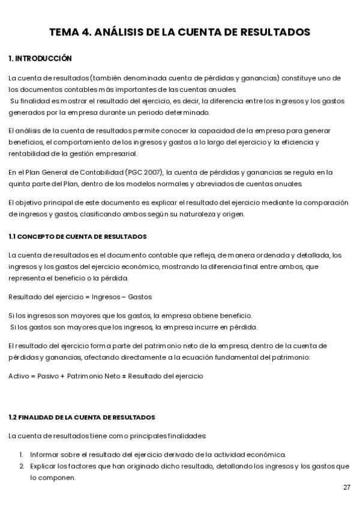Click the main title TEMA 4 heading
point(179,32)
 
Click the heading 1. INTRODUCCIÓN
point(40,58)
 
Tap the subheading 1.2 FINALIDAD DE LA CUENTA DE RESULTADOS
point(82,417)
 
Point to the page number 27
point(347,487)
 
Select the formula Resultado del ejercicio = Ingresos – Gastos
point(80,297)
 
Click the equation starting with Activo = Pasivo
point(106,376)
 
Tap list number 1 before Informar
point(21,454)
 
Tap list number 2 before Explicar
point(21,466)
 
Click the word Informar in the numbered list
point(44,454)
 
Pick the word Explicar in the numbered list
point(43,466)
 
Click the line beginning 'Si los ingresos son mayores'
point(130,316)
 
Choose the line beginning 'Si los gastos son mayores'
point(133,327)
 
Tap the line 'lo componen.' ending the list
point(53,478)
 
